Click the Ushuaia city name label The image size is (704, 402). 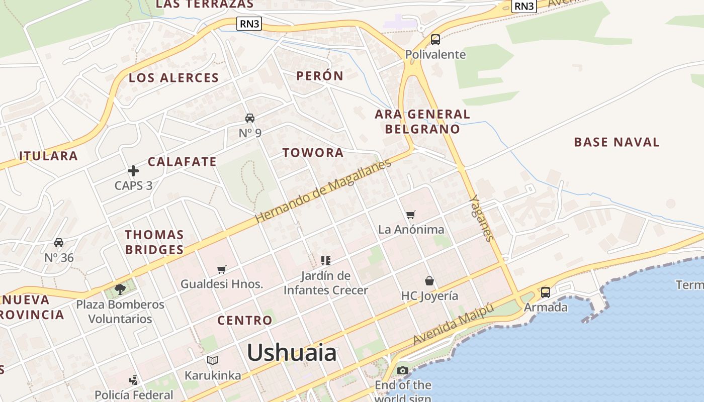tap(292, 353)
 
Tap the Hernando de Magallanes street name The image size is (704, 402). tap(323, 191)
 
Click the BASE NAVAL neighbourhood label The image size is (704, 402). tap(617, 142)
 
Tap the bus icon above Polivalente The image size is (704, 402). tap(435, 39)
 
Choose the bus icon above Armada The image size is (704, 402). tap(546, 292)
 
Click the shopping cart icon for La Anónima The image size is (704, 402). tap(411, 215)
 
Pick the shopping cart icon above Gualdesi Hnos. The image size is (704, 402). tap(221, 270)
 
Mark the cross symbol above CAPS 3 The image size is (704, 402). tap(133, 171)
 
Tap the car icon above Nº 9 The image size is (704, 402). tap(250, 118)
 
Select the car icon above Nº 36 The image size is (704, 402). tap(59, 243)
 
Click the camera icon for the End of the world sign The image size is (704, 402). tap(402, 371)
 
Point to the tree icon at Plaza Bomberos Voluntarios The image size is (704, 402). tap(120, 289)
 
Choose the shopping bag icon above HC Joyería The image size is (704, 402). tap(429, 281)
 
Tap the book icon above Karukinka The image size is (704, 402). tap(213, 360)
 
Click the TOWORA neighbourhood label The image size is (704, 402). tap(313, 153)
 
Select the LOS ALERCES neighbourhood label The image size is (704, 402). tap(173, 78)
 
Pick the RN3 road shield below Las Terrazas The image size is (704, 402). tap(249, 23)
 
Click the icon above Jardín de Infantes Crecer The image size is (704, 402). tap(326, 260)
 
